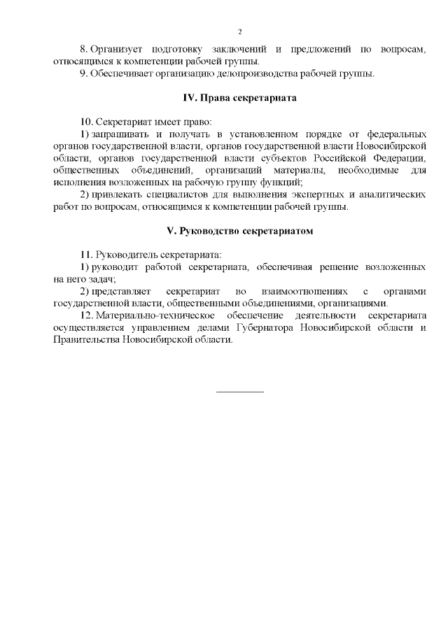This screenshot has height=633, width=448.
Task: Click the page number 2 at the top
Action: (239, 32)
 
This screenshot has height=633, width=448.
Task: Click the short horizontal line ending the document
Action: (239, 391)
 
